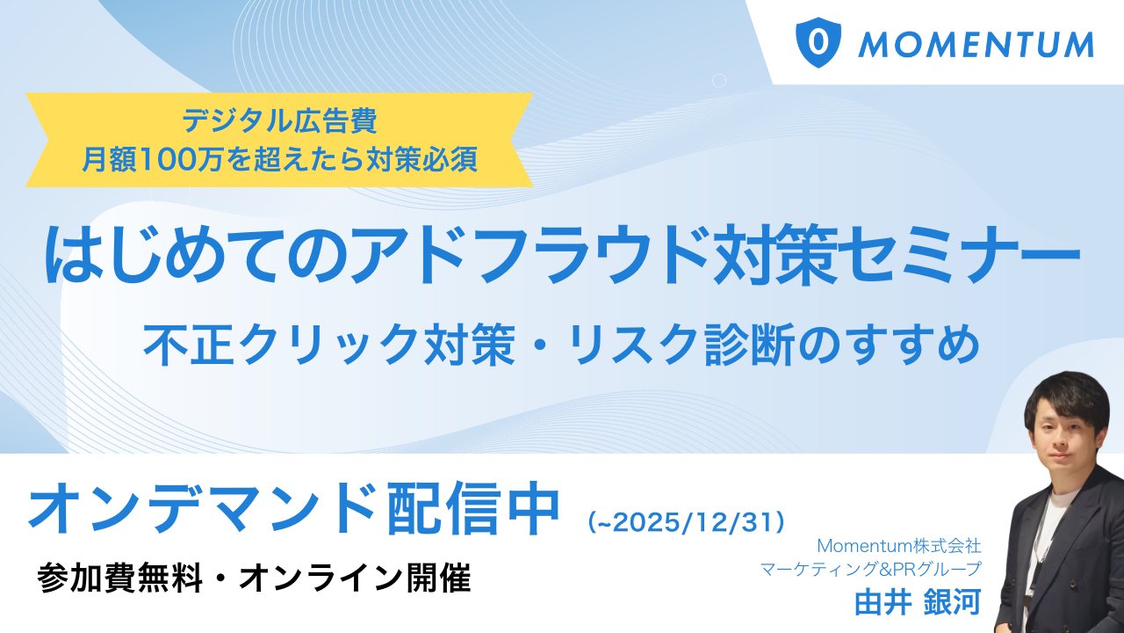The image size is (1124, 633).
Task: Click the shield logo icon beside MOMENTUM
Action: [x=818, y=42]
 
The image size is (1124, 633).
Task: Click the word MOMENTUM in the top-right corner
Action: [x=976, y=44]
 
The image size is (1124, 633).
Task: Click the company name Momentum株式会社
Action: [x=898, y=546]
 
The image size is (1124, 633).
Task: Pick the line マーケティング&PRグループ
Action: [x=870, y=569]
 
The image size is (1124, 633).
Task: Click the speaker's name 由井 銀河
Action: [x=917, y=602]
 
